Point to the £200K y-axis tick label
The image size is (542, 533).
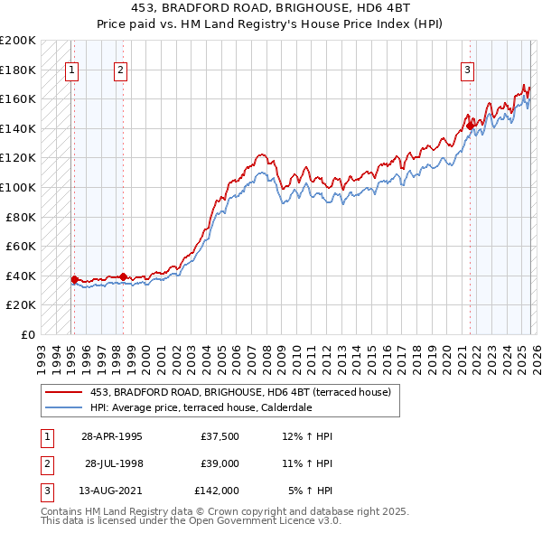18,41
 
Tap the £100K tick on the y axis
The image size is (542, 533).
18,187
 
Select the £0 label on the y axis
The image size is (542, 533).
28,334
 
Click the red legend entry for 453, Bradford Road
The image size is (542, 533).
239,392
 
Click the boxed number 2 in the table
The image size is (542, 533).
46,463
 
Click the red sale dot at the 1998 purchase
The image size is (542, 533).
123,276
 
